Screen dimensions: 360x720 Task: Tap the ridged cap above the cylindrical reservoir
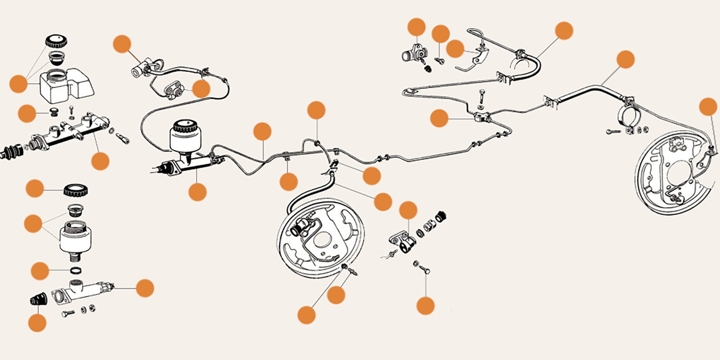coord(76,191)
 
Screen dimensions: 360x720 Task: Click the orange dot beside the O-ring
coord(40,271)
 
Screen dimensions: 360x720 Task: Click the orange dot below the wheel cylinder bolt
coord(425,306)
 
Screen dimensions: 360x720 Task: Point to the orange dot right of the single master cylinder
coord(145,288)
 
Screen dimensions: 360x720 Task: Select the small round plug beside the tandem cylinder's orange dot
coord(55,112)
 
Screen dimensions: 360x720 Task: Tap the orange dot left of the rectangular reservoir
coord(18,84)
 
